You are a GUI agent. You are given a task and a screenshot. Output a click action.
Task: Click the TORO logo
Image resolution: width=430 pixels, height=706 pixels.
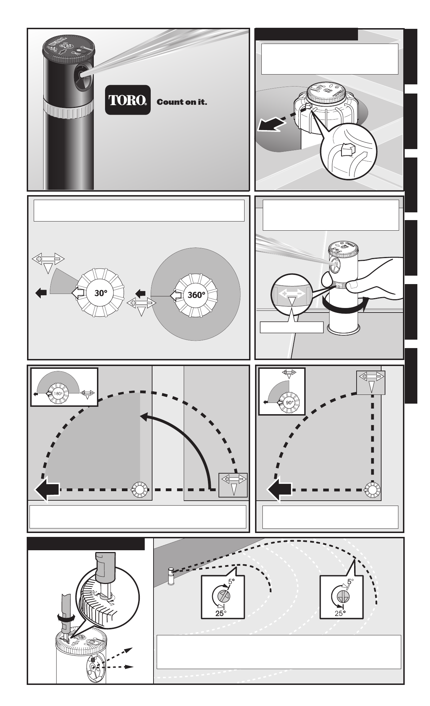(x=128, y=100)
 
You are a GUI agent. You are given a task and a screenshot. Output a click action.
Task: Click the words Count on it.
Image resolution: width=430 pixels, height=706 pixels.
(x=182, y=102)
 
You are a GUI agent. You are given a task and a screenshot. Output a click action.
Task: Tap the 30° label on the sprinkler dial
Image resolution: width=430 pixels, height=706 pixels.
(x=100, y=293)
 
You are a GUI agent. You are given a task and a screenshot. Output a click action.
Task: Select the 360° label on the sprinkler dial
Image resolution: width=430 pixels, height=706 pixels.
(x=196, y=295)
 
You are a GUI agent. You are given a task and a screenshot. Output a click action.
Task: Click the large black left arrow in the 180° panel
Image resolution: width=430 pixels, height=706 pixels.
(x=47, y=489)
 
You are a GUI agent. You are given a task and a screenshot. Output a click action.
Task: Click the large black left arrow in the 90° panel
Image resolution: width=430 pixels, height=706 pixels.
(x=279, y=489)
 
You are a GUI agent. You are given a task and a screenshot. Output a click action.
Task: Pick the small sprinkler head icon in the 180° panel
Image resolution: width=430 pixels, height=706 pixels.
(x=139, y=489)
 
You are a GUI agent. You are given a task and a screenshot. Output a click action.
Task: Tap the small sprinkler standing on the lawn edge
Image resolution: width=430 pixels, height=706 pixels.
(x=171, y=576)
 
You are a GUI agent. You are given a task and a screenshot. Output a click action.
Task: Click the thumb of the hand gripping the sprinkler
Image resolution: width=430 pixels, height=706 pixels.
(x=326, y=280)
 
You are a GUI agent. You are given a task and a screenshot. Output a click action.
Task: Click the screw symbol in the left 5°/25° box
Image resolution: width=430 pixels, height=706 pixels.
(x=222, y=596)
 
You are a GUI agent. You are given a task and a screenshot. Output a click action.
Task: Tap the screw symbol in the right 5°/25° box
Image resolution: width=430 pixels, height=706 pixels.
(x=340, y=596)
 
